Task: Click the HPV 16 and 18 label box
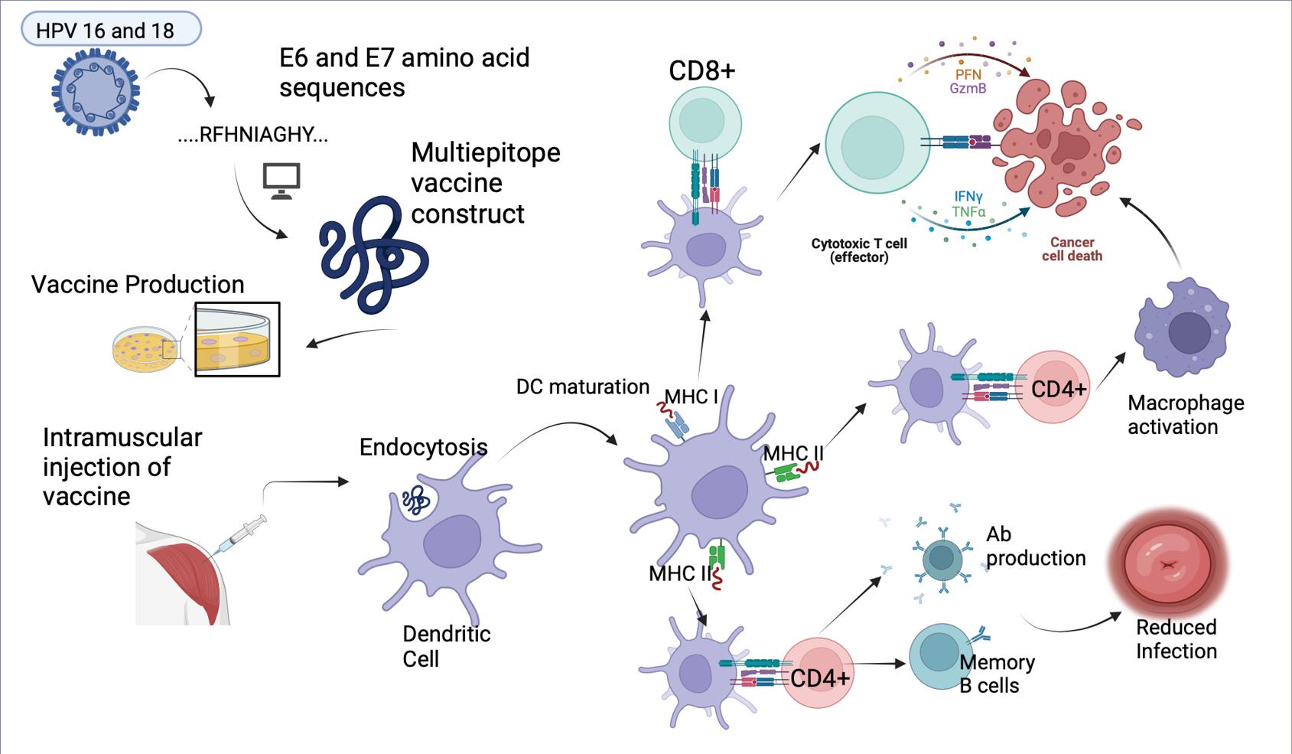(x=111, y=30)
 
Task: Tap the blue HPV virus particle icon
(x=96, y=92)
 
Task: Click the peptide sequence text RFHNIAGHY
(x=253, y=135)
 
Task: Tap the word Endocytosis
(x=423, y=447)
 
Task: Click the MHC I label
(x=691, y=397)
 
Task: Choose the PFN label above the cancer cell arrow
(x=968, y=75)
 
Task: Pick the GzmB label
(x=968, y=89)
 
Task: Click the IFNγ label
(x=968, y=197)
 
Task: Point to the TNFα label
(x=968, y=212)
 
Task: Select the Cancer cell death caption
(x=1072, y=250)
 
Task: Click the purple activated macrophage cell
(x=1182, y=328)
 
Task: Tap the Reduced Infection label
(x=1176, y=639)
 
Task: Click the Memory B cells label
(x=997, y=674)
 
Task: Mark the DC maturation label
(x=582, y=387)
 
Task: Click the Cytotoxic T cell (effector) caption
(x=859, y=250)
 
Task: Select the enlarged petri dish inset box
(x=237, y=339)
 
